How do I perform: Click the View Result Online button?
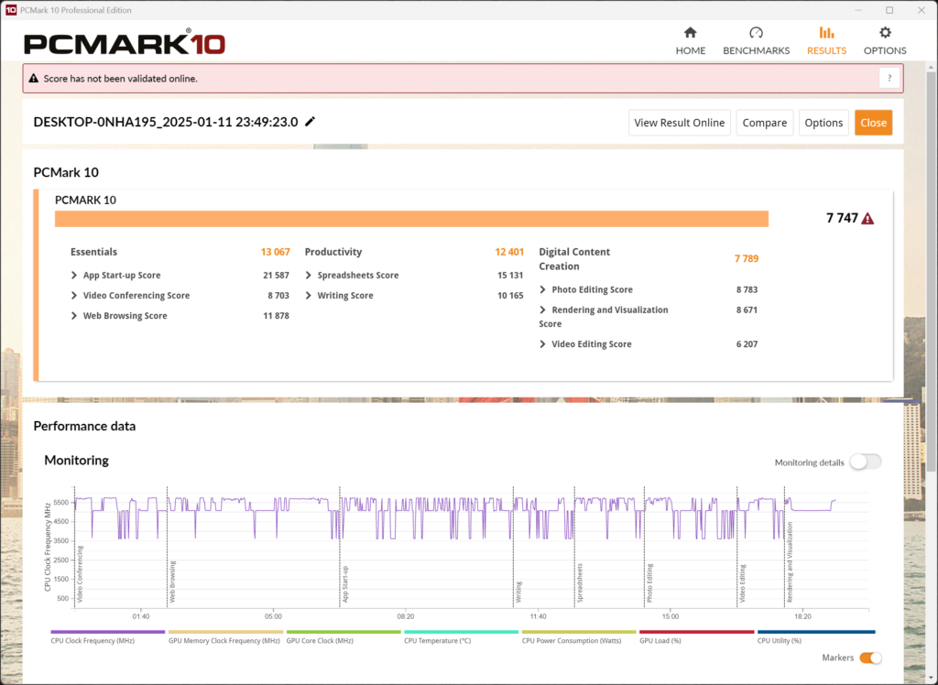pos(679,123)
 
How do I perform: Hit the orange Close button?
pos(873,123)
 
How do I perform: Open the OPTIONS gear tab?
pos(885,41)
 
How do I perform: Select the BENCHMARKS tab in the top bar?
pos(756,41)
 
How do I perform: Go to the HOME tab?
pos(691,41)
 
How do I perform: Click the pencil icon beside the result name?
pos(311,122)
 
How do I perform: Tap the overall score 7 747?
pos(842,219)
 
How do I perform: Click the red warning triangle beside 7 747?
pos(867,219)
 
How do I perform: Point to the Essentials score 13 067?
pos(275,252)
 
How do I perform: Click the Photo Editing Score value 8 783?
pos(747,290)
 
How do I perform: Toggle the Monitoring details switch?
pos(865,462)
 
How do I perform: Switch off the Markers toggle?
pos(870,658)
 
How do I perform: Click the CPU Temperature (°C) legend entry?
pos(438,641)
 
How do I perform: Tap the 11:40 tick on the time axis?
pos(538,616)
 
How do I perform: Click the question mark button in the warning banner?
pos(889,79)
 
